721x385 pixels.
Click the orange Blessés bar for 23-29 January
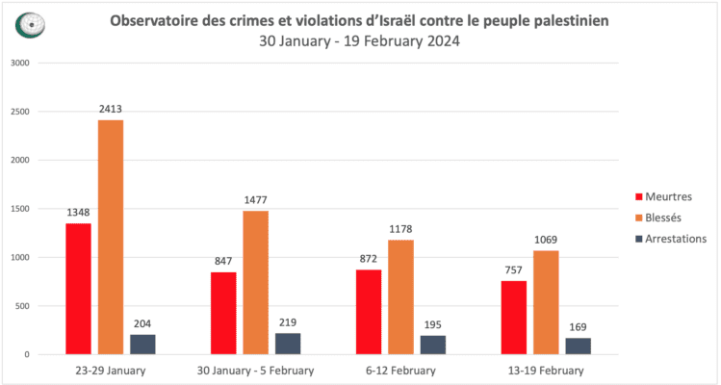tap(110, 237)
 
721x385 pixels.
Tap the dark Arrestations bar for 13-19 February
tap(578, 346)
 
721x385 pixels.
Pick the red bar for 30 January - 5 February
tap(223, 313)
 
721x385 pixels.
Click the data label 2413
tap(110, 109)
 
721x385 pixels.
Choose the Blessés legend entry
tap(661, 218)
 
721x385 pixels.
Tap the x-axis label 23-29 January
tap(110, 371)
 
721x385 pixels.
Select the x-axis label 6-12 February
tap(400, 371)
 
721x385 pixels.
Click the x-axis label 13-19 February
tap(546, 371)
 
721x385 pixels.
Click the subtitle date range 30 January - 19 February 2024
tap(359, 41)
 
